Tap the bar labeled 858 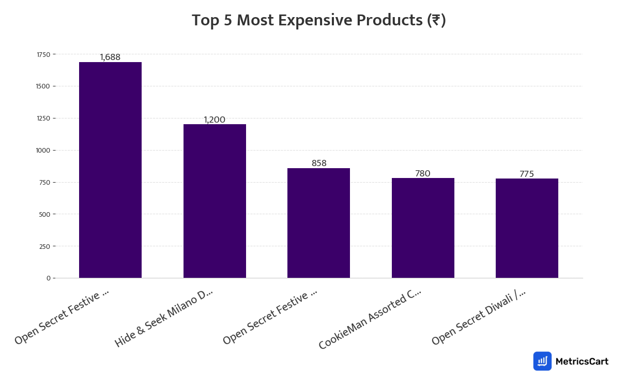318,223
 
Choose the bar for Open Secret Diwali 527,228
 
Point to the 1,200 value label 215,120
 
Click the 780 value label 423,173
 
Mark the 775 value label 527,174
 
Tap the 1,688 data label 110,57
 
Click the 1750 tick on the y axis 43,54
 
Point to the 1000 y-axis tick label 43,151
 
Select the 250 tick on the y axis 44,246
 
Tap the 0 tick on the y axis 48,278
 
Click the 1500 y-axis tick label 43,86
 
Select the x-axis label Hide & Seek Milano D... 164,318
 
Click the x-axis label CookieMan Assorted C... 370,318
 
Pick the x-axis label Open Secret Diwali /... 479,317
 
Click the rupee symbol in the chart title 436,21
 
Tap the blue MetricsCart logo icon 542,361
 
